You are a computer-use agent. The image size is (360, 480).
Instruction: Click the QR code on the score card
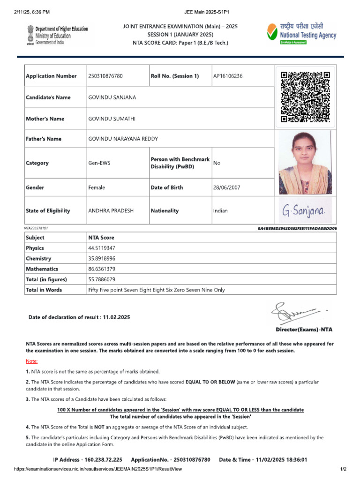pyautogui.click(x=305, y=97)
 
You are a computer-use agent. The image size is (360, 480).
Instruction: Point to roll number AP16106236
pyautogui.click(x=228, y=76)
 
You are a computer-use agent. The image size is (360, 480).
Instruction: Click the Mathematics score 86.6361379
pyautogui.click(x=102, y=269)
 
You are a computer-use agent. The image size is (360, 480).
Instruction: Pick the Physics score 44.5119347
pyautogui.click(x=102, y=248)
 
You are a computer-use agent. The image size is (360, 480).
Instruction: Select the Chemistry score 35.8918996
pyautogui.click(x=102, y=259)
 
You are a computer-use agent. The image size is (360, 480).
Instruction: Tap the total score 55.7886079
pyautogui.click(x=102, y=279)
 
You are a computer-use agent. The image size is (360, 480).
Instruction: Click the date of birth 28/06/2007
pyautogui.click(x=226, y=187)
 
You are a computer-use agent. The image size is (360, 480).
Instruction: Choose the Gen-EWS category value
pyautogui.click(x=99, y=163)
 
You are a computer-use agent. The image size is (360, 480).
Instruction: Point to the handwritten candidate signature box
pyautogui.click(x=305, y=211)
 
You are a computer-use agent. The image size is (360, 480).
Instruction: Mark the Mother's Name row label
pyautogui.click(x=45, y=119)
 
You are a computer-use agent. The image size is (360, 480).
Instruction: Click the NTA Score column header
pyautogui.click(x=101, y=238)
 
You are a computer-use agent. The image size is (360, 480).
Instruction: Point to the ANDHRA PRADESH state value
pyautogui.click(x=111, y=211)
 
